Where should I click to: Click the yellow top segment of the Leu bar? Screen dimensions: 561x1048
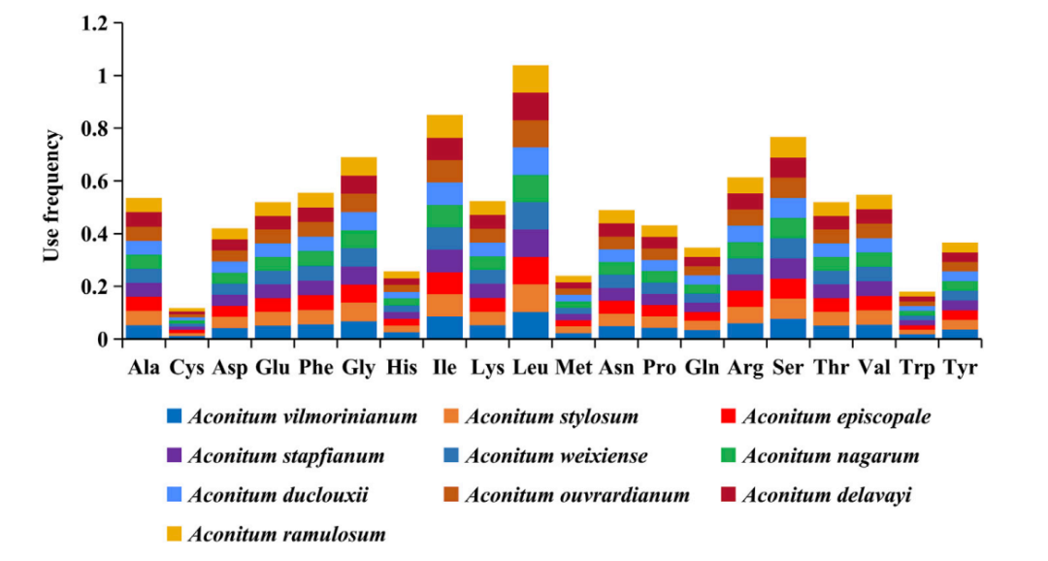pos(531,79)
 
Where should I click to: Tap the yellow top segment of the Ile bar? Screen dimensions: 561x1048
pos(444,126)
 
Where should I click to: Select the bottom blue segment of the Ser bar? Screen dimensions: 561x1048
pos(788,329)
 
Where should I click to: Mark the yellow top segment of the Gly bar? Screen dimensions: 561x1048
pos(359,166)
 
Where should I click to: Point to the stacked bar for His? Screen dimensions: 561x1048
pos(402,306)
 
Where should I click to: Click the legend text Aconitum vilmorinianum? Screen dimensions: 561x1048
pos(302,417)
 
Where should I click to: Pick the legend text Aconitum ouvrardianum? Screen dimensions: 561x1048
pos(577,495)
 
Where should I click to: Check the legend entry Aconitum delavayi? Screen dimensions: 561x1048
pos(826,495)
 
